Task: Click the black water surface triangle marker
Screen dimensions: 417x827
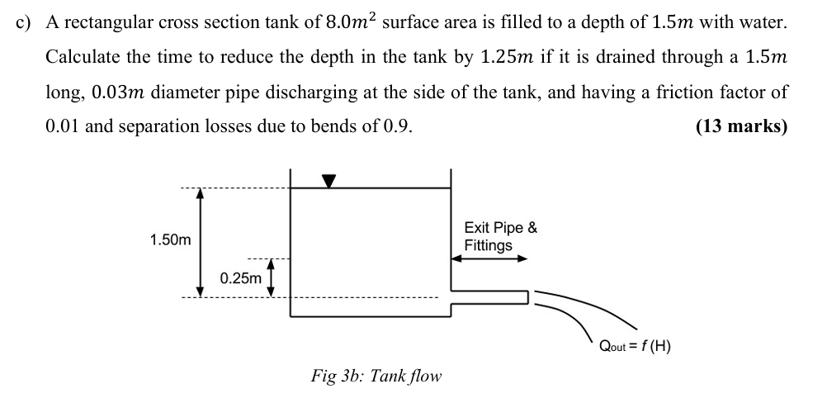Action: coord(329,181)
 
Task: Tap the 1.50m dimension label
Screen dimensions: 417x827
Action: coord(170,240)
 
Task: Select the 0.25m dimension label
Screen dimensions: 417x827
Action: coord(241,278)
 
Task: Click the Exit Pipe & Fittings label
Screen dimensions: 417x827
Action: coord(500,236)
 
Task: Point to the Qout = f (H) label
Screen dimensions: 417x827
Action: coord(636,346)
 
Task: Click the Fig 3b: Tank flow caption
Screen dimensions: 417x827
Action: coord(376,376)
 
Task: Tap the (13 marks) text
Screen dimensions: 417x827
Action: coord(741,127)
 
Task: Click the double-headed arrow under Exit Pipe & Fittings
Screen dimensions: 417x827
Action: coord(489,258)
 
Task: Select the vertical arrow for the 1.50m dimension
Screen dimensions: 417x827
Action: coord(200,241)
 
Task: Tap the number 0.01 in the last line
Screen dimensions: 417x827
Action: coord(62,127)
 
